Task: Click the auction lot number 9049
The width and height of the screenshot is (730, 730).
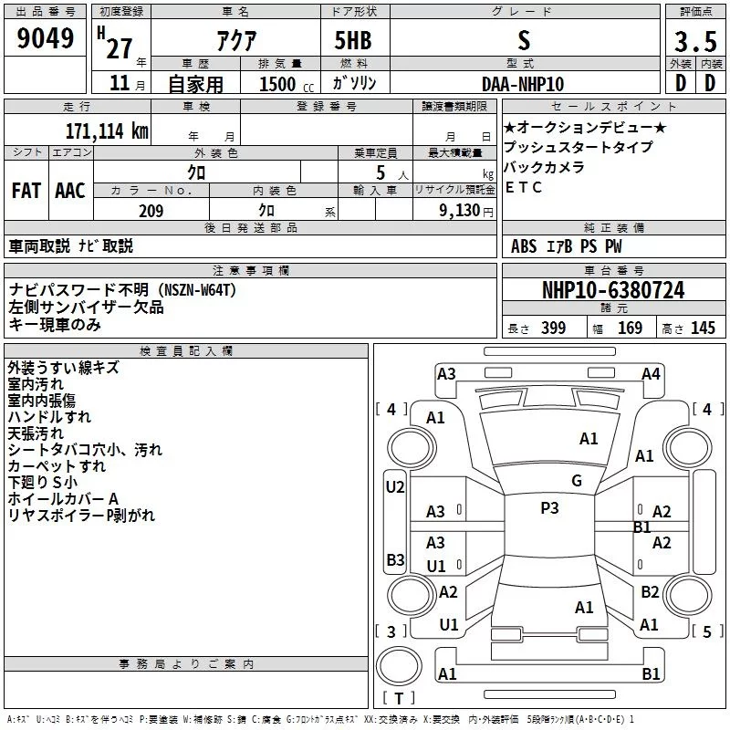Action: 46,41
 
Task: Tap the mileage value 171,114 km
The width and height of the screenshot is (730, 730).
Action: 106,130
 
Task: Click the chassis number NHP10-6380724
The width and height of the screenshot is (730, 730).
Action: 613,291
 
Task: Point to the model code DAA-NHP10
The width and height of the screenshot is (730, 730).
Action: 523,84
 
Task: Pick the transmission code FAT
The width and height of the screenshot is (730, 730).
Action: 26,191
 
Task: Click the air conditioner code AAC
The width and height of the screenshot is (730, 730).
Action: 70,191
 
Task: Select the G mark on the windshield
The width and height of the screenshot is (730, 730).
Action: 577,481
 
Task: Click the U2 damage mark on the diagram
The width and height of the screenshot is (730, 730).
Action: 394,487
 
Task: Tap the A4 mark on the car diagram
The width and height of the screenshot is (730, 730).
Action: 651,373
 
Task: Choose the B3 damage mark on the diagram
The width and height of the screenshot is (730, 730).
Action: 394,559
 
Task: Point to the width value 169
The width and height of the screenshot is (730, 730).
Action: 630,328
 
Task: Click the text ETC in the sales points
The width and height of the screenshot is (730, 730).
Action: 524,187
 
